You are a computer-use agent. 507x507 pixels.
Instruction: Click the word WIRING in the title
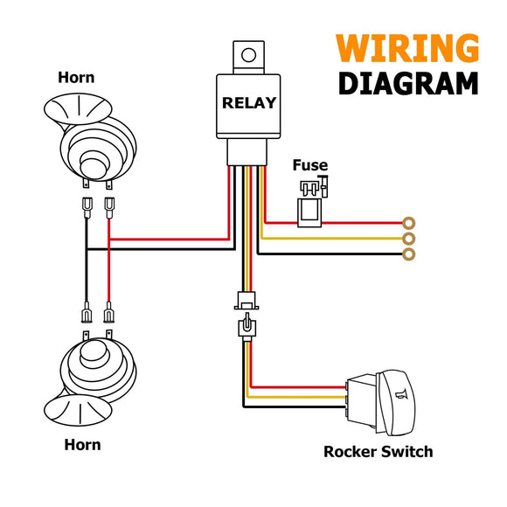407,48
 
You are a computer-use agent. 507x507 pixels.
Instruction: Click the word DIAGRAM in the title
408,83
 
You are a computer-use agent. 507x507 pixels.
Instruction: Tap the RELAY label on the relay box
249,103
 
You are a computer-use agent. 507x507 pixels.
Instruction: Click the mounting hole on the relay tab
248,55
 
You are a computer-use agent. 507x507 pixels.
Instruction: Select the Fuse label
310,165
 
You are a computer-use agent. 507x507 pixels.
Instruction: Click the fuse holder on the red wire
309,212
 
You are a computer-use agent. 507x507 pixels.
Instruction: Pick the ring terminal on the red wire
409,223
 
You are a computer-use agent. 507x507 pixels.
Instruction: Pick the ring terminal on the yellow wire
409,239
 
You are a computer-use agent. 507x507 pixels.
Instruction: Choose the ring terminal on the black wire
409,254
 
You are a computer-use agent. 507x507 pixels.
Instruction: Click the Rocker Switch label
378,451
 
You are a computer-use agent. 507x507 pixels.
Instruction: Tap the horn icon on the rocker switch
401,394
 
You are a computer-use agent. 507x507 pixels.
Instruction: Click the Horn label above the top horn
76,78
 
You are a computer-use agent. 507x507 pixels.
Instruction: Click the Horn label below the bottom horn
82,445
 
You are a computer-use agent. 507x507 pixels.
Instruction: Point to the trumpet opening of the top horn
78,109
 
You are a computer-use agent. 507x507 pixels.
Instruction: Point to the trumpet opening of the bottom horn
78,410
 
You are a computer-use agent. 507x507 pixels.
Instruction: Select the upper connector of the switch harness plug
247,301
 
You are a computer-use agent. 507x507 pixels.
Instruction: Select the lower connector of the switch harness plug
247,327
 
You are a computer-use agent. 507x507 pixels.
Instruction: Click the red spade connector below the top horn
109,208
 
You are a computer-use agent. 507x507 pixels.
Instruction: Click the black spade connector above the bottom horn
87,312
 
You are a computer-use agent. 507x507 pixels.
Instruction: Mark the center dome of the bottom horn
93,353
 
